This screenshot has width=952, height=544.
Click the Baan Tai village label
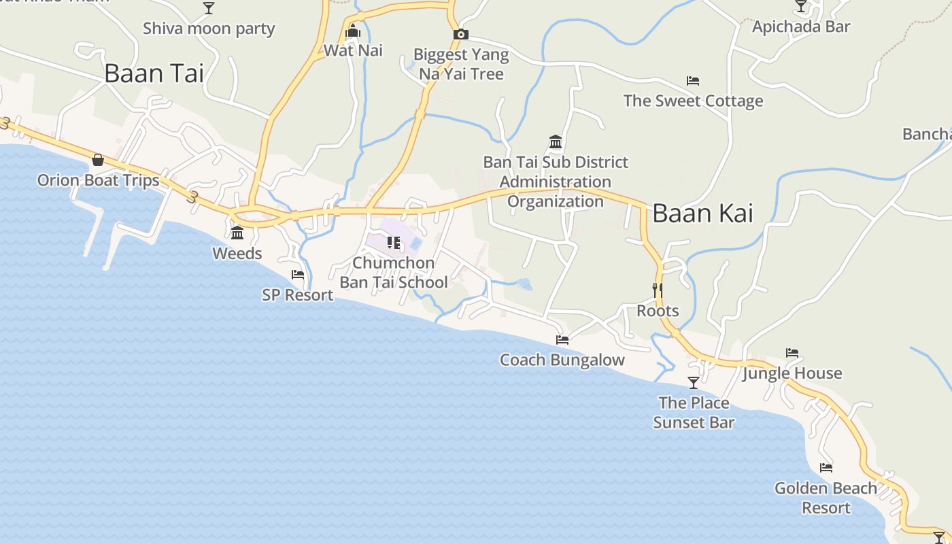(x=154, y=73)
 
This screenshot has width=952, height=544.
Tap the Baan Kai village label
(x=702, y=214)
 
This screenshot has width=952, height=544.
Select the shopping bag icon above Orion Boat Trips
(x=98, y=160)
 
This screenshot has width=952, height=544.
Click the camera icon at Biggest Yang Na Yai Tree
(x=460, y=35)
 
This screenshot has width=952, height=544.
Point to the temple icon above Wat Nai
(x=353, y=31)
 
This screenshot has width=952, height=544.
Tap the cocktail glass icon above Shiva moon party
(x=209, y=8)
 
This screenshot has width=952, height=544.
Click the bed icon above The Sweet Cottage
(x=693, y=81)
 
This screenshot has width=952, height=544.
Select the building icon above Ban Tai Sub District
(x=556, y=142)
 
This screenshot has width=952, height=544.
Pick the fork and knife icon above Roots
(x=658, y=290)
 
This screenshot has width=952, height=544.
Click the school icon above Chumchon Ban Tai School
(x=393, y=243)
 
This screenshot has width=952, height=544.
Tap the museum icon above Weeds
(x=237, y=233)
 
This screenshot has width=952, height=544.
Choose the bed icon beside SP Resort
(x=298, y=275)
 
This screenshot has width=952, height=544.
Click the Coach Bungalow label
(x=562, y=360)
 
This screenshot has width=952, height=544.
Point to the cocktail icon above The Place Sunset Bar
(x=694, y=383)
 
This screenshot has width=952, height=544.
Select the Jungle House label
(x=792, y=373)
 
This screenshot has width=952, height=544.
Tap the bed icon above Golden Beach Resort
(x=826, y=468)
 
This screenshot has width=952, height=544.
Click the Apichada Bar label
(x=801, y=27)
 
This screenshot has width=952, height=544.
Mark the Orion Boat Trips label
(x=98, y=180)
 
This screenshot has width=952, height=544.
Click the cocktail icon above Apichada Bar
(x=801, y=7)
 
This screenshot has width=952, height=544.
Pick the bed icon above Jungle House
(x=792, y=353)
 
